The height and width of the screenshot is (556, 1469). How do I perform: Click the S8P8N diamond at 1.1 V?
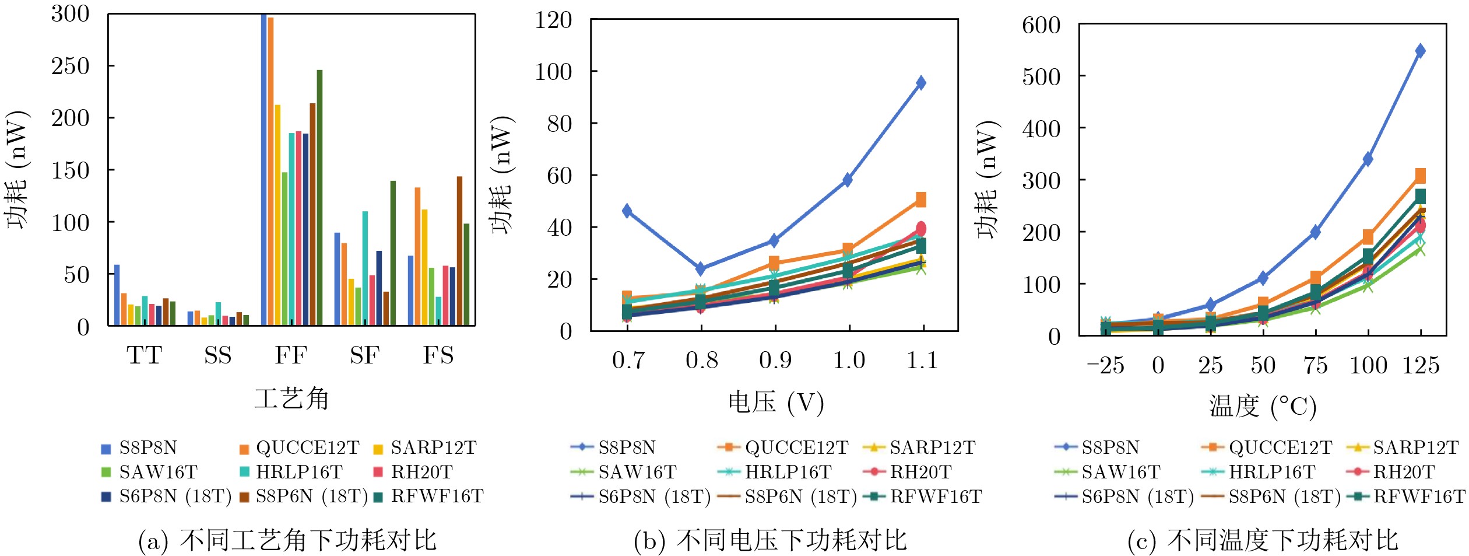(921, 83)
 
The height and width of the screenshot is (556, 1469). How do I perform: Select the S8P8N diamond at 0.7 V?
(627, 211)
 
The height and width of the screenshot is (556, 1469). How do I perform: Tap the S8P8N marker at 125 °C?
(1420, 51)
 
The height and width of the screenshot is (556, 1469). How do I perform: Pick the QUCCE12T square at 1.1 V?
(921, 200)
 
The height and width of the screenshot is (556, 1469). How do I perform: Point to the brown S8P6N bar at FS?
(459, 250)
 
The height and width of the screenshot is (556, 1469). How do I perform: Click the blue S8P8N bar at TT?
(117, 295)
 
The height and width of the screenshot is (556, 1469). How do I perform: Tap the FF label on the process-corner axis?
(291, 355)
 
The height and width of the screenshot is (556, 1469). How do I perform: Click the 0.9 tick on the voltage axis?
(775, 361)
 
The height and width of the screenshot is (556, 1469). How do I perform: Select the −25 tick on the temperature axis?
(1105, 366)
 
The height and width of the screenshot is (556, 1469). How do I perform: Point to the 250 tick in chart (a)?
(71, 66)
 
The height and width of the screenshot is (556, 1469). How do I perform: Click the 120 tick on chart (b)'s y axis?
(553, 20)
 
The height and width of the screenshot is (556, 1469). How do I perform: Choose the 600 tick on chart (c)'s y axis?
(1041, 25)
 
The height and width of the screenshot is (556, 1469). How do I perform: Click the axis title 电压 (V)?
(776, 403)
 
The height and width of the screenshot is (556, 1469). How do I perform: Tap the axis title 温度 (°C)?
(1263, 407)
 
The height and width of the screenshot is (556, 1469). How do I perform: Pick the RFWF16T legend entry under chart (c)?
(1418, 496)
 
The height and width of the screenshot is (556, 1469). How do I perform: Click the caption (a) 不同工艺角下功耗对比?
(287, 540)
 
